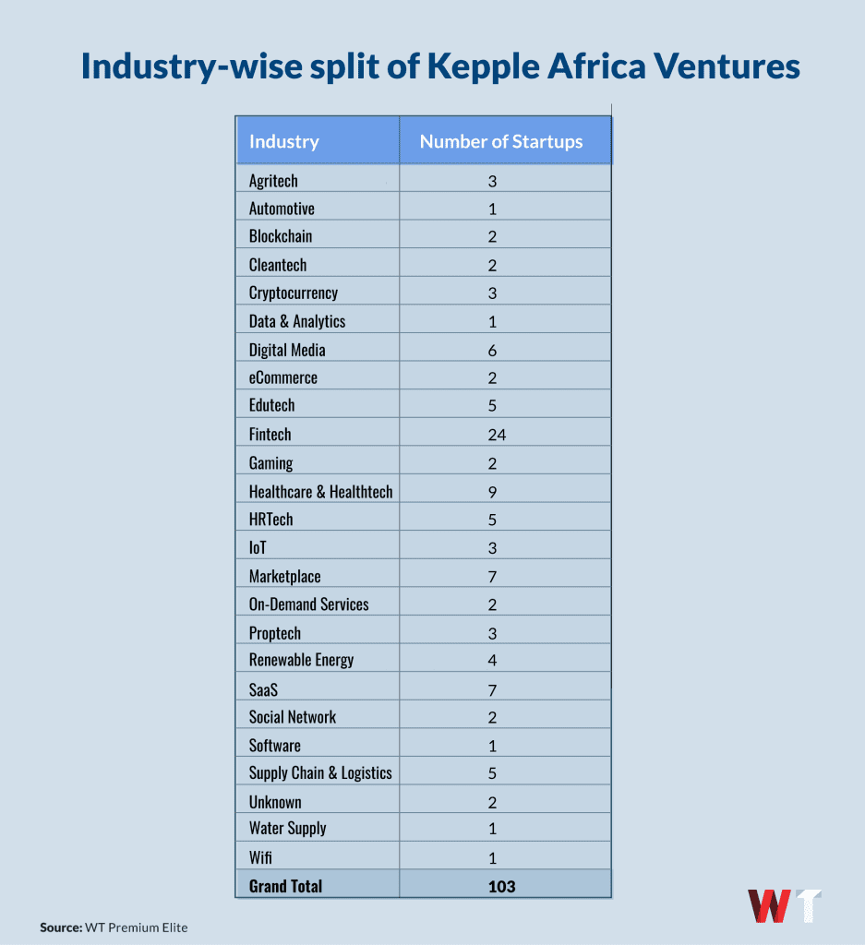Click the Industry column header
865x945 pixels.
click(283, 141)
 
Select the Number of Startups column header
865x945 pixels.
click(501, 141)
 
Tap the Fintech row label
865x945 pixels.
click(270, 435)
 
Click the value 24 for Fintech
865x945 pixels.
click(498, 435)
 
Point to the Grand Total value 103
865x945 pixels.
click(501, 886)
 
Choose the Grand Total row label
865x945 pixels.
click(285, 886)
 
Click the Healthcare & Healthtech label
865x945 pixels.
click(320, 492)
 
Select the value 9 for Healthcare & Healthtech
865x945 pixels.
click(493, 492)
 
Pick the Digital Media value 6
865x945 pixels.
click(493, 350)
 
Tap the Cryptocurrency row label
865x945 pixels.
click(294, 293)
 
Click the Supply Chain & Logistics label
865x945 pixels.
click(320, 773)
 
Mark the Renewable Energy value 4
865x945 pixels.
click(493, 661)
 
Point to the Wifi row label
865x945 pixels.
click(260, 857)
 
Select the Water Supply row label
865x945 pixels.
click(287, 829)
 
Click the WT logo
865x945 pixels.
click(784, 907)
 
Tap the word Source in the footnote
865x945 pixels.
click(60, 927)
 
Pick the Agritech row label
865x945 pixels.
click(273, 181)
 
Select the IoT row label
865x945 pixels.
click(258, 548)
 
